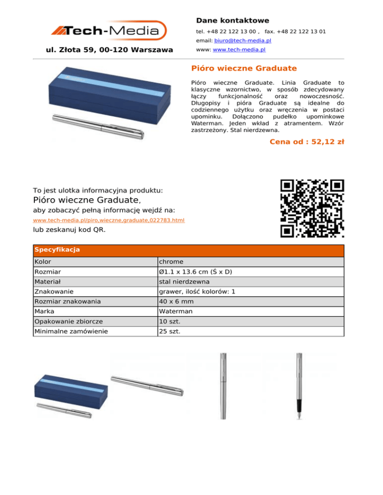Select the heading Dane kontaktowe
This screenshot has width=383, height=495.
[x=232, y=20]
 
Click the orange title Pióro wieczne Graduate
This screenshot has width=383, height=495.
[x=244, y=68]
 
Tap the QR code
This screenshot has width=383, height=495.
[x=312, y=209]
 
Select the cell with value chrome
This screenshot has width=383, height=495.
[x=170, y=261]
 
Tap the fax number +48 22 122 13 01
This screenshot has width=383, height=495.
[x=302, y=31]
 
